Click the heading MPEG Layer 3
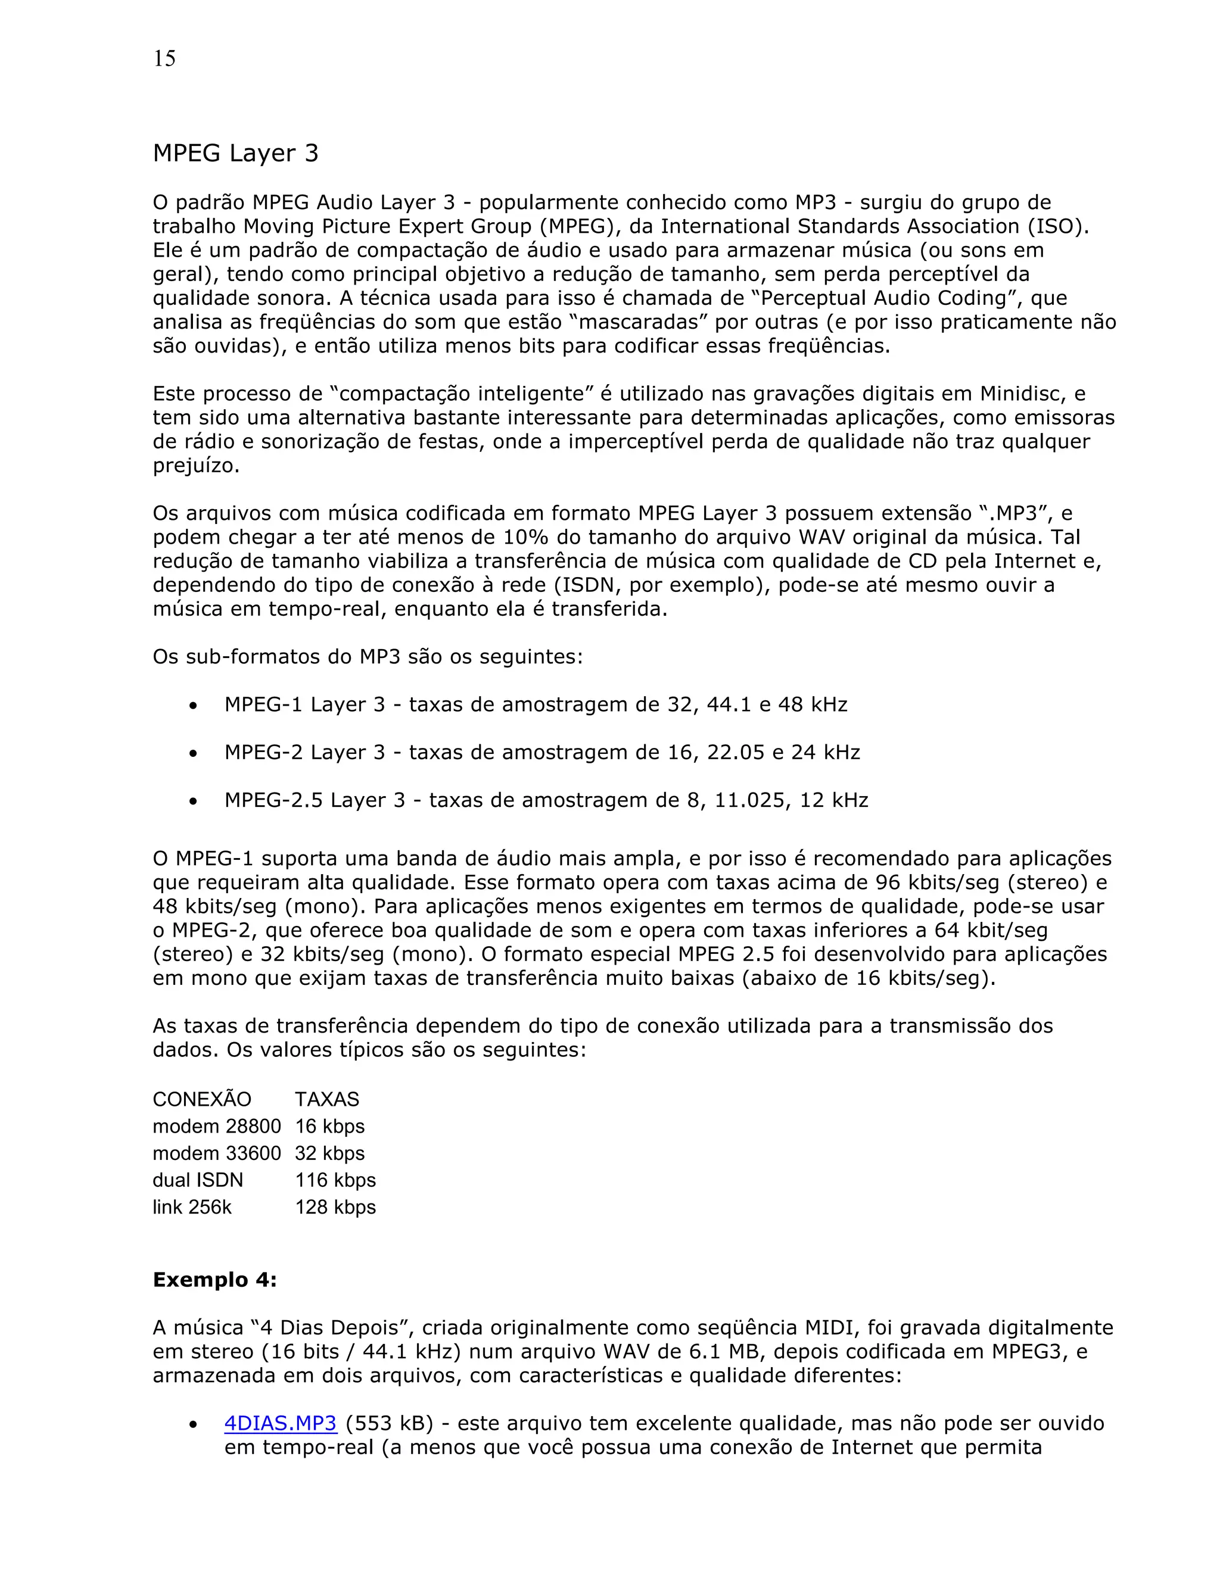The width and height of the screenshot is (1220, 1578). point(236,153)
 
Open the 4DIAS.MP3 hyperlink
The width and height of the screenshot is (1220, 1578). point(281,1423)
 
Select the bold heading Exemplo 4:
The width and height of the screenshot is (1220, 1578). point(214,1280)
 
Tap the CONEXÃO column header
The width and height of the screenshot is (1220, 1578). point(202,1099)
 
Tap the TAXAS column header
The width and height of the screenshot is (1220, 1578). point(326,1099)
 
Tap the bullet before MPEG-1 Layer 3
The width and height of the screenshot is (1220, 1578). point(193,706)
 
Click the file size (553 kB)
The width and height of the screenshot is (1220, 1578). point(389,1423)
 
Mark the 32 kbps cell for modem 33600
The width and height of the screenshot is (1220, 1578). point(329,1153)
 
